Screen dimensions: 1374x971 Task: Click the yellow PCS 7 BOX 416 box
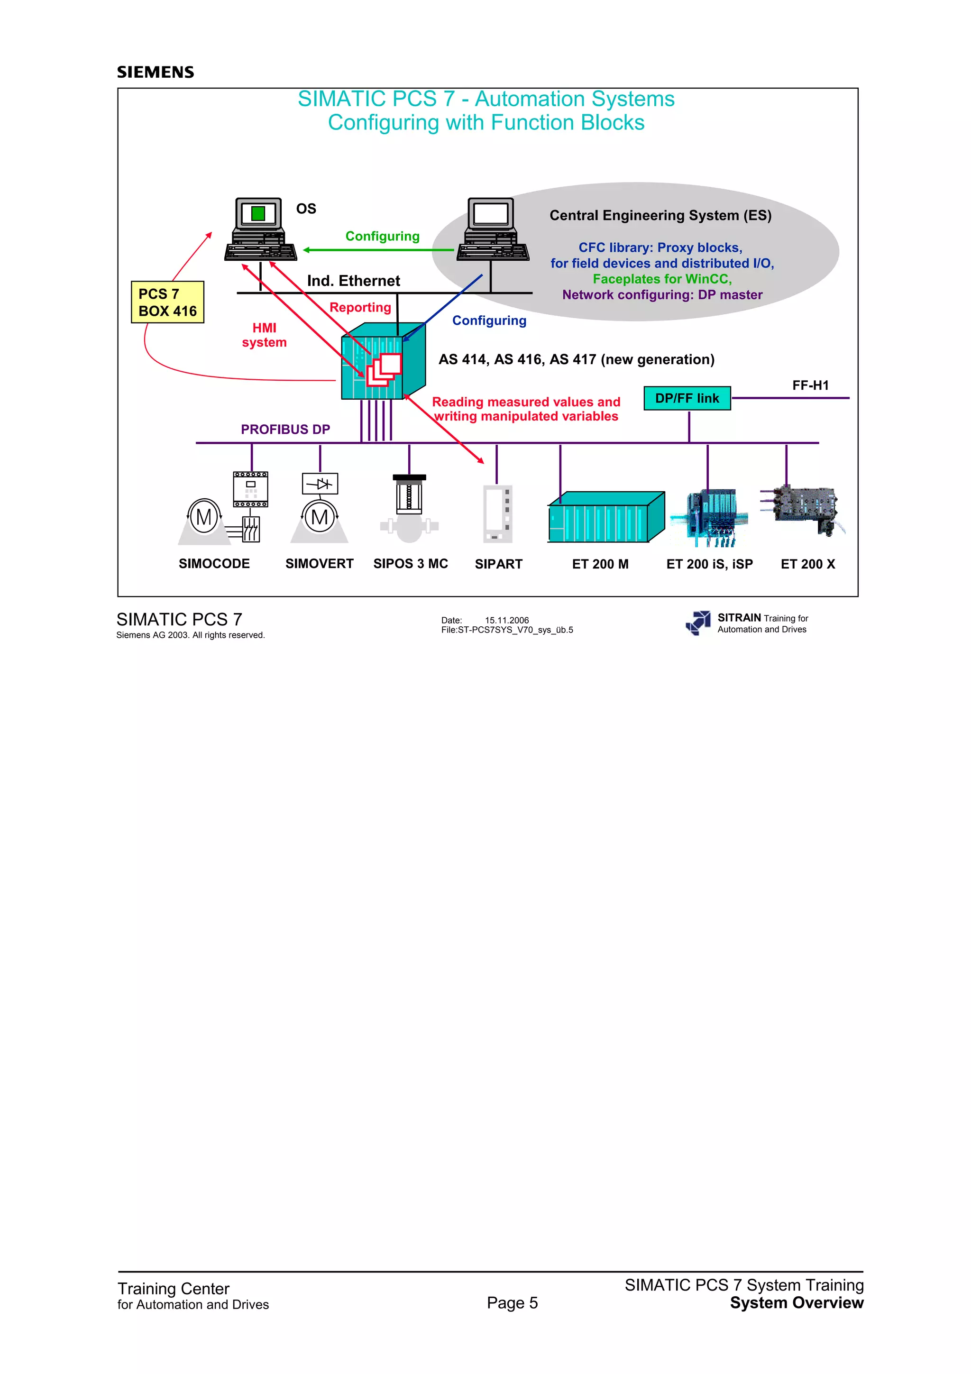[167, 302]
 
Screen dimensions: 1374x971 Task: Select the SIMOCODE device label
[214, 564]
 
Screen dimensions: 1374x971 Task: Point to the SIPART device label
[498, 564]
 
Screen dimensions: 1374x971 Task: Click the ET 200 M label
[600, 564]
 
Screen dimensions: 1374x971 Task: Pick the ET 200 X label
[808, 564]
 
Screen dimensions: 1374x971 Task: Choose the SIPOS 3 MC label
[411, 564]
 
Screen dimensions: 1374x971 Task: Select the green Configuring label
[382, 237]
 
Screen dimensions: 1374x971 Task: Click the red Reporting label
[360, 308]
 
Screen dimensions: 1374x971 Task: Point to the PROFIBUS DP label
[285, 430]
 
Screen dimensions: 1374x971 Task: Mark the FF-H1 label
[811, 386]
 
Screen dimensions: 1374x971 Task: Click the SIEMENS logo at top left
[156, 73]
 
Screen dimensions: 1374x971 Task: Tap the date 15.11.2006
[507, 621]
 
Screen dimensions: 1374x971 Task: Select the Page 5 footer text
[512, 1303]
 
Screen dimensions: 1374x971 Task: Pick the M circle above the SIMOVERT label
[320, 517]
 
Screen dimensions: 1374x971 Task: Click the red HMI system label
[264, 335]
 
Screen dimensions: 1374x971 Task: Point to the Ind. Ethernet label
[354, 281]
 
